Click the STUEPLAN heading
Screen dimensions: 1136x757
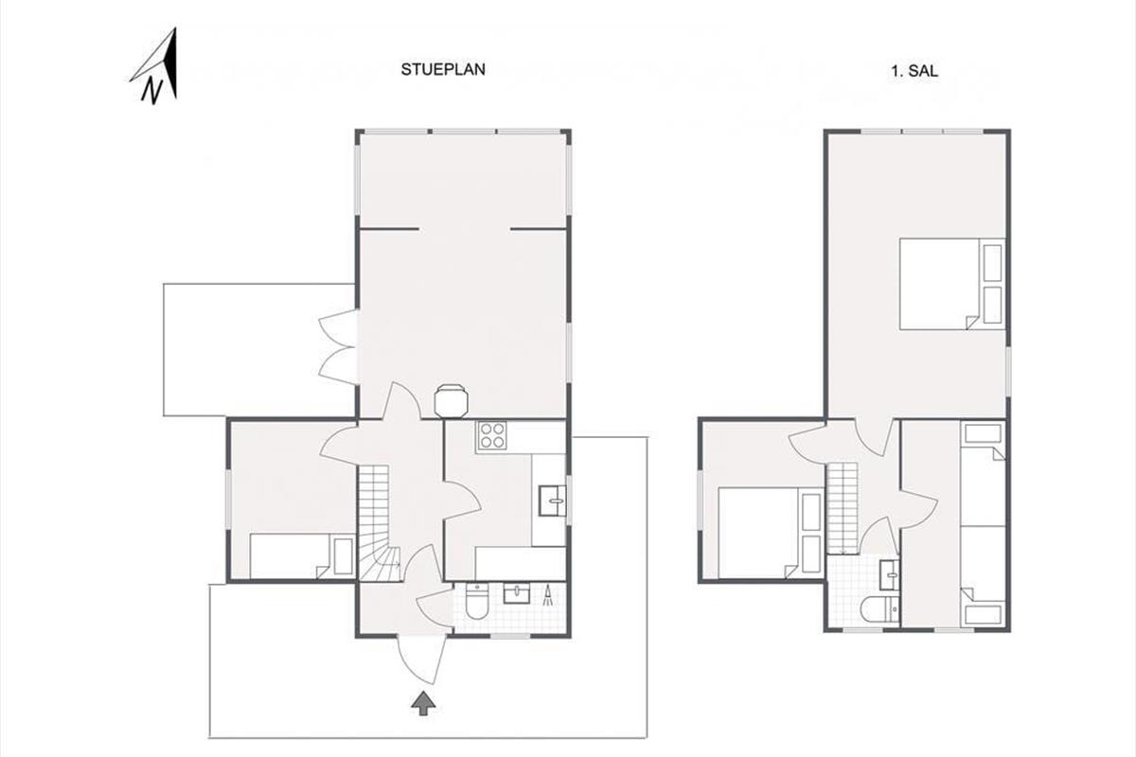pos(443,69)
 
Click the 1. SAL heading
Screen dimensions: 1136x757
pos(914,71)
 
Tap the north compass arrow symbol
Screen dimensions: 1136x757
pos(156,66)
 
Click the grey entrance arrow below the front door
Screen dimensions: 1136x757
pos(423,704)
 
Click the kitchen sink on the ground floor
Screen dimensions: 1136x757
pos(552,501)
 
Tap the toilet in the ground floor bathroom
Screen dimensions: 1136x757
pos(476,601)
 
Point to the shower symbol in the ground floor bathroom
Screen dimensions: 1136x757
pos(549,595)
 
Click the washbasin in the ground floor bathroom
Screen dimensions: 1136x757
pos(516,592)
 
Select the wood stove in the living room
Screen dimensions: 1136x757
pos(451,400)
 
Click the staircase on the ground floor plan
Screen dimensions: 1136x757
pos(380,523)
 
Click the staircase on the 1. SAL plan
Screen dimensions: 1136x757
pos(843,507)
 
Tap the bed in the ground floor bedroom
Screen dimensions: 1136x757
pos(302,555)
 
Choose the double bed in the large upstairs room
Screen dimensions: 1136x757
pos(952,284)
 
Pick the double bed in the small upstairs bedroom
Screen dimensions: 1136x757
pos(771,533)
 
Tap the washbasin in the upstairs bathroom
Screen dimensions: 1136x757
pos(890,575)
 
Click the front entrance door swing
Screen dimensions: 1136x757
pos(422,660)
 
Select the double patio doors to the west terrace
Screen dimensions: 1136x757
pos(339,347)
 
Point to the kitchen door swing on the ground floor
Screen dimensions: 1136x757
pos(462,501)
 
